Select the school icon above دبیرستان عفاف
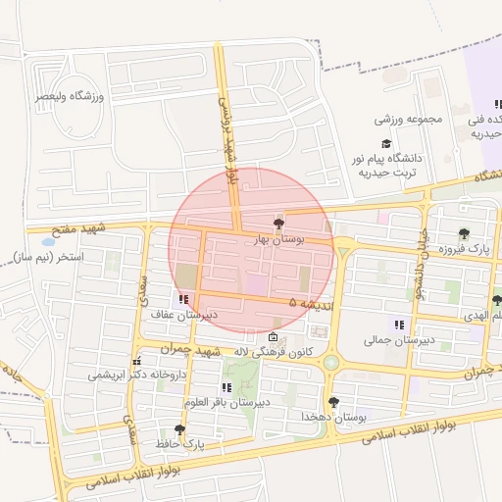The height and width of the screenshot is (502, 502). point(183,300)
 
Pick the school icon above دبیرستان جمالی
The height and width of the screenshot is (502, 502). point(398,325)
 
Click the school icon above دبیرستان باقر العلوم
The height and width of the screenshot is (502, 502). point(227,387)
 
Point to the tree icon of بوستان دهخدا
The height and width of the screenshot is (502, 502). point(334,402)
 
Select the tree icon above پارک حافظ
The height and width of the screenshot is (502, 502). point(178,429)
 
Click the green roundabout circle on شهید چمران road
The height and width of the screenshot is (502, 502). point(331,363)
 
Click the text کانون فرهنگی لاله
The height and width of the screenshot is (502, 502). point(274,352)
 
